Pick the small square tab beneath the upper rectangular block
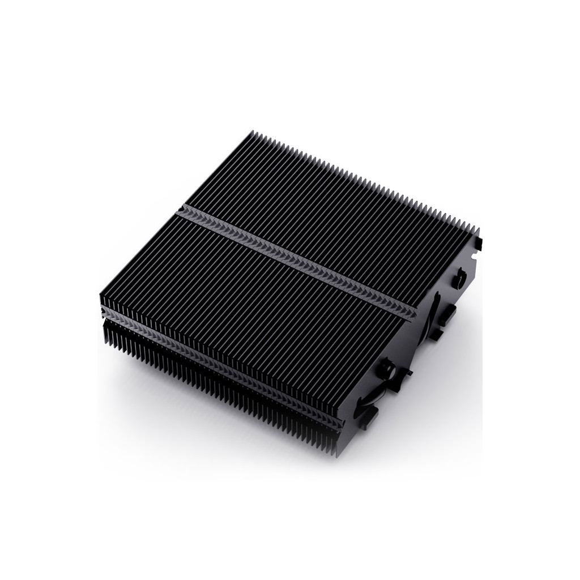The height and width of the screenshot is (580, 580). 436,334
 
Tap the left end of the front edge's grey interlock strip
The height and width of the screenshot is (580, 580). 103,312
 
